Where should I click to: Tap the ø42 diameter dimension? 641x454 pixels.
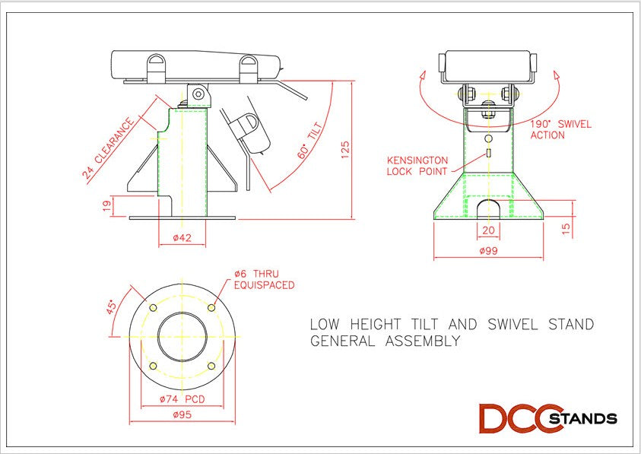[x=181, y=238]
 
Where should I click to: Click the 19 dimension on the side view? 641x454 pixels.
[x=107, y=205]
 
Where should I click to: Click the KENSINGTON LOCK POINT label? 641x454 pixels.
[x=417, y=166]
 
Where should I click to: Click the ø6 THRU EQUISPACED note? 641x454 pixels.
[x=263, y=280]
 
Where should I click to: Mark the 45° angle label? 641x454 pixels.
[x=111, y=307]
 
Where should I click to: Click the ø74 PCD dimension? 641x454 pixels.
[x=181, y=398]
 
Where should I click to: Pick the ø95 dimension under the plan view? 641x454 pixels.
[x=181, y=415]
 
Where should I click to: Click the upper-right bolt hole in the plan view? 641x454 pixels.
[x=211, y=307]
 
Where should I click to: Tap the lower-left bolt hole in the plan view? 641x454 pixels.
[x=153, y=366]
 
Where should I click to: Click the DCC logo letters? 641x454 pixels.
[x=517, y=418]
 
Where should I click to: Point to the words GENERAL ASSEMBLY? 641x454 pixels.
[x=385, y=341]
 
